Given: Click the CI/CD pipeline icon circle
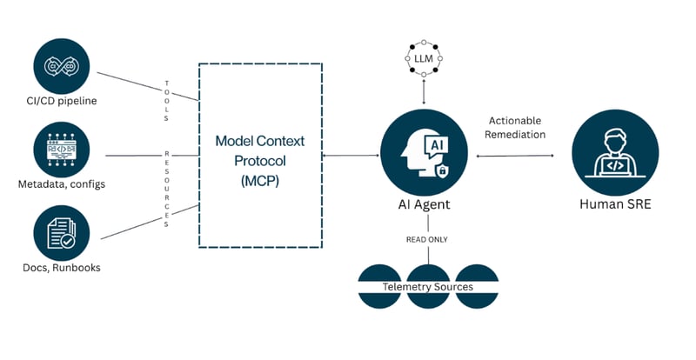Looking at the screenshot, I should tap(60, 63).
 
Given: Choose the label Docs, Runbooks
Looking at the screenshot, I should tap(60, 267).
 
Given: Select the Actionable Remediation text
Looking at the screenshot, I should tap(517, 127).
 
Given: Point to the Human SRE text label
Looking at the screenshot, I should tap(615, 205).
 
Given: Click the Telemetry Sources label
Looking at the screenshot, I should tap(428, 286).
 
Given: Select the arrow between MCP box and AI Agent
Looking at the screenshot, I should tap(351, 156).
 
